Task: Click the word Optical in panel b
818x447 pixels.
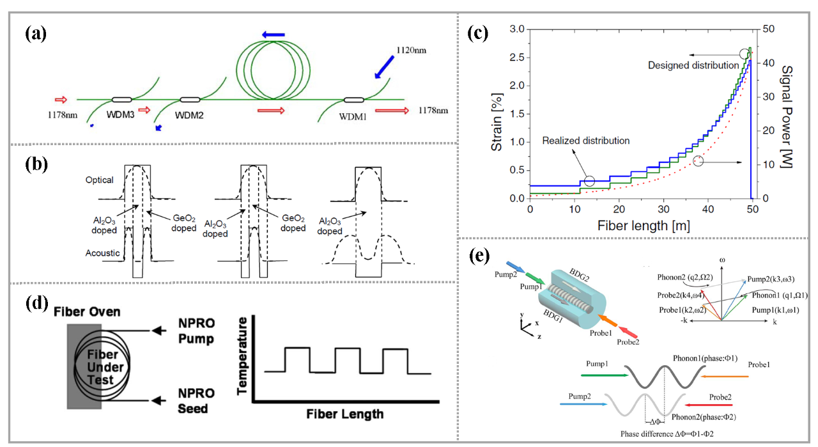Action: [99, 180]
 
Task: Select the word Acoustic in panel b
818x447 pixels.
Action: [102, 253]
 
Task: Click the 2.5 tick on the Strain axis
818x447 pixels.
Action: [516, 58]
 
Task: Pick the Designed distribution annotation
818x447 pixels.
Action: [693, 65]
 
